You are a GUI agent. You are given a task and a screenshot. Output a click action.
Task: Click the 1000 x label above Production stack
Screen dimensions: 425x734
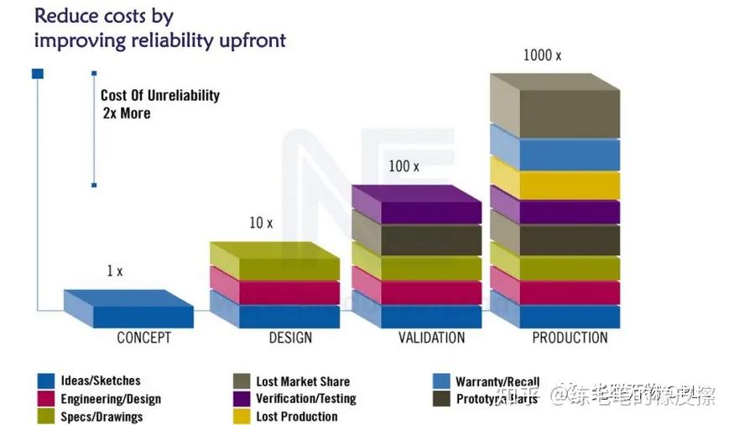542,55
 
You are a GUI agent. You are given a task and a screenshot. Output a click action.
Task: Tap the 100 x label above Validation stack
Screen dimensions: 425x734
403,166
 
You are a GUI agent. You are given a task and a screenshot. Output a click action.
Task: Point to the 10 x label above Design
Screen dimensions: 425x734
261,223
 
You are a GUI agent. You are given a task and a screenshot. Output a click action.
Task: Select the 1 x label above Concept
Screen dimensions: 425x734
114,271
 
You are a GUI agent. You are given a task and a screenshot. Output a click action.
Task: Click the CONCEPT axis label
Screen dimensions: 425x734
143,338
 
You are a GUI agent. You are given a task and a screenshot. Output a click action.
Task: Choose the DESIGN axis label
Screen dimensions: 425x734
290,338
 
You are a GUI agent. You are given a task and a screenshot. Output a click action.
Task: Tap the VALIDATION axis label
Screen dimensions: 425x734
431,338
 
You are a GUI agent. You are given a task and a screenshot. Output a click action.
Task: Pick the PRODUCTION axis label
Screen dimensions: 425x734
570,338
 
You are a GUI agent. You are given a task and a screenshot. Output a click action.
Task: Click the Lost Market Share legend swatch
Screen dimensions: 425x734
242,381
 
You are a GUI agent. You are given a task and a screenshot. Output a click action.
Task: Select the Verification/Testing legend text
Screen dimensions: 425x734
305,399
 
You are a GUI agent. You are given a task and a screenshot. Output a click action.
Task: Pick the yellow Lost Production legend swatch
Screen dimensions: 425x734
242,417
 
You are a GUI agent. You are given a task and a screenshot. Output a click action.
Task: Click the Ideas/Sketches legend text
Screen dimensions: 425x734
101,381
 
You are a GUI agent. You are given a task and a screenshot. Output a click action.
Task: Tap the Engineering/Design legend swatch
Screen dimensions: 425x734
46,399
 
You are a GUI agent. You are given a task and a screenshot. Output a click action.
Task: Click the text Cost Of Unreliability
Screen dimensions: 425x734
160,96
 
